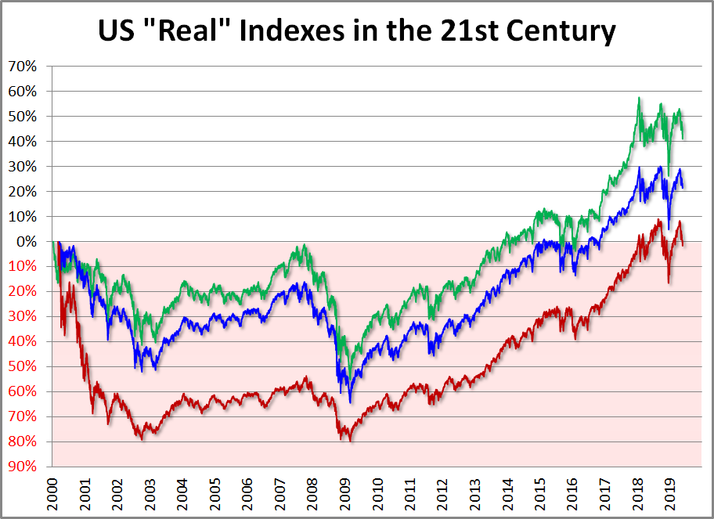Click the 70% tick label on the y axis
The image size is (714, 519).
point(22,67)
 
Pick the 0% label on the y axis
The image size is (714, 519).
point(27,241)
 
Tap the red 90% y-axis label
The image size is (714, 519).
point(22,467)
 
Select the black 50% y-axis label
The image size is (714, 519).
point(22,117)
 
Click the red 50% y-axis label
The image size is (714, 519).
point(22,366)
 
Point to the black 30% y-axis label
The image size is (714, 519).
point(22,167)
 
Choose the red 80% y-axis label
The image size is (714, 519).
point(22,442)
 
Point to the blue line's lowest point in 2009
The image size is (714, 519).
point(350,402)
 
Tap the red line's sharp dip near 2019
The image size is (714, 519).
point(669,282)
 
